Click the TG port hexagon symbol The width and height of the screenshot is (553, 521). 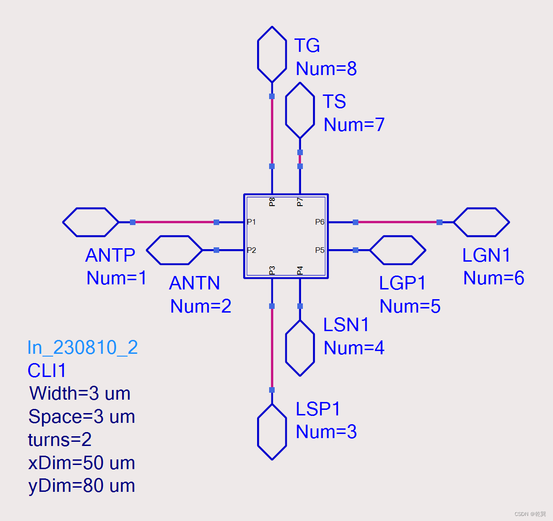pos(272,55)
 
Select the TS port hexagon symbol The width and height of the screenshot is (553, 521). pos(300,110)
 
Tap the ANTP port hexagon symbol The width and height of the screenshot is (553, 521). pos(91,222)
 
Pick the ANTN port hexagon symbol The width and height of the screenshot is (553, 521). pos(174,250)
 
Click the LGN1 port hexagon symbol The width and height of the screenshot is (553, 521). pos(481,222)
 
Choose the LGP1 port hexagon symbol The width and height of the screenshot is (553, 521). pos(398,250)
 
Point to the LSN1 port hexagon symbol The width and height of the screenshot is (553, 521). pos(300,348)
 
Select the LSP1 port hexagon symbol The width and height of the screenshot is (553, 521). pos(272,432)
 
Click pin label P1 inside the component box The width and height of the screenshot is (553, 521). pos(251,222)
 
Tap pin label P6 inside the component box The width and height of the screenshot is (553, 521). pos(320,222)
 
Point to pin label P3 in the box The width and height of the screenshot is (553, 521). pos(272,270)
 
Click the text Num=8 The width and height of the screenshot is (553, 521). pos(326,69)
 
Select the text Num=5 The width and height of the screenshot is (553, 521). pos(410,306)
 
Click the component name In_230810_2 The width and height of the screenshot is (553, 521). pos(82,347)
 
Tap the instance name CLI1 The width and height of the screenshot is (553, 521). pos(47,370)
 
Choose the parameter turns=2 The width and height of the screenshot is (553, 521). pos(60,439)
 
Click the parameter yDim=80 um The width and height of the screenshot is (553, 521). pos(81,485)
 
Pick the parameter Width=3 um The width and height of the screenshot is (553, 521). pos(80,393)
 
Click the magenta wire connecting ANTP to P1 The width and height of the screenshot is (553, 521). pos(174,222)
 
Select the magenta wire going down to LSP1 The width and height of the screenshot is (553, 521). pos(272,348)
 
